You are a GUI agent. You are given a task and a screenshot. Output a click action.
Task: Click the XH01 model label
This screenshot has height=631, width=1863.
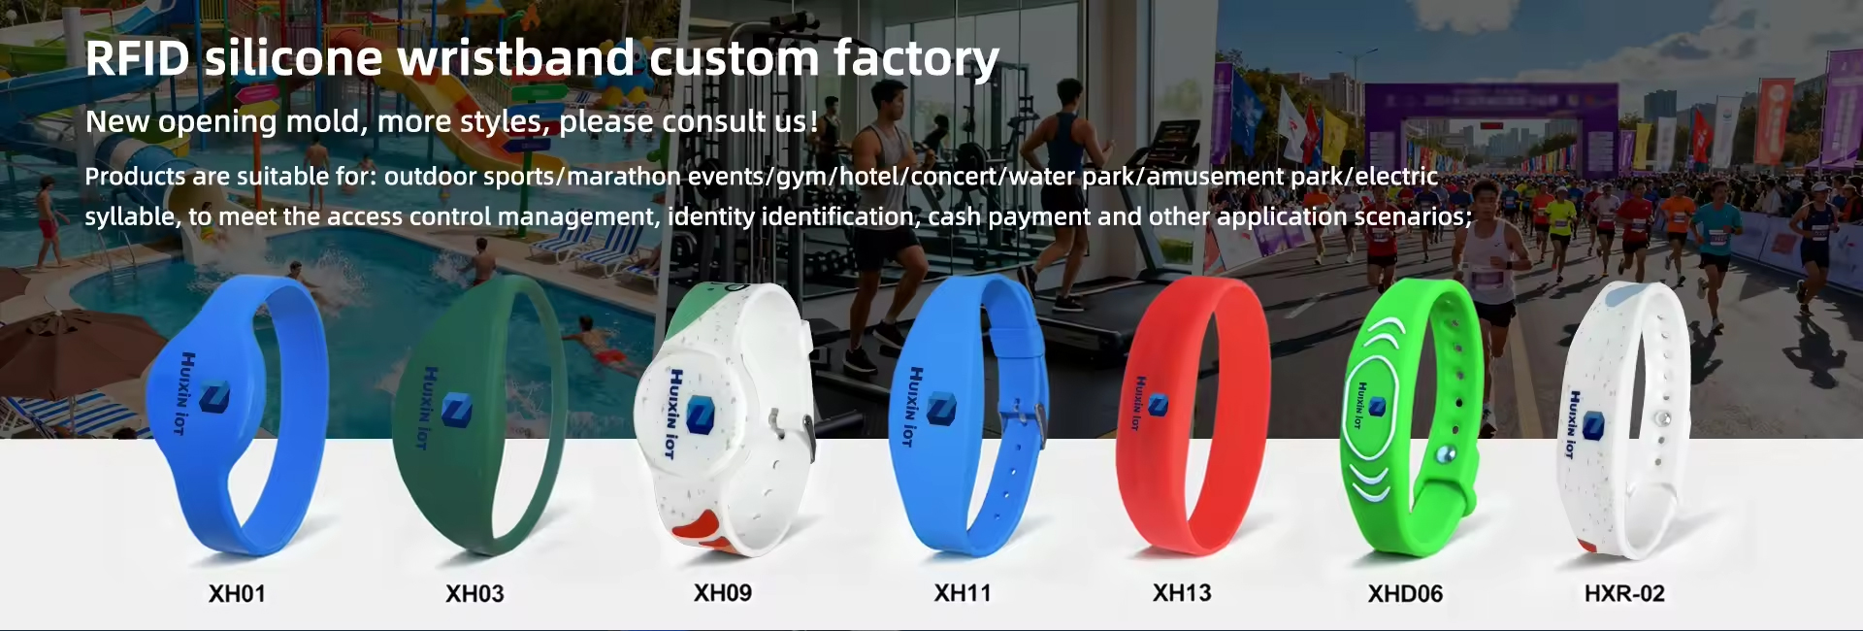[x=237, y=593]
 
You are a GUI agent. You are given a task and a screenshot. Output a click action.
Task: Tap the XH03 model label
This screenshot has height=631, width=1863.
[x=474, y=593]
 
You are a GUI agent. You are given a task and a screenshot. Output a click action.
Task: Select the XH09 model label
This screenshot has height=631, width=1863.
[x=723, y=592]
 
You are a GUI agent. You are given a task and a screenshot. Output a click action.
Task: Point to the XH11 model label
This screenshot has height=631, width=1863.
[x=963, y=592]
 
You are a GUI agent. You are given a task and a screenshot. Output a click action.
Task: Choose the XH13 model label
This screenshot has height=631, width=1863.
[x=1182, y=592]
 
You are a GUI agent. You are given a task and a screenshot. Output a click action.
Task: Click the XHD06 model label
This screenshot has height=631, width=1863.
[x=1405, y=593]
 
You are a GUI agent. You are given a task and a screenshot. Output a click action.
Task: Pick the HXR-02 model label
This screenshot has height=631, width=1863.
[x=1624, y=593]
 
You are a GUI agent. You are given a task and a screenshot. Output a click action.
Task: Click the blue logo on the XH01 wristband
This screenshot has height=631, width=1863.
[x=213, y=398]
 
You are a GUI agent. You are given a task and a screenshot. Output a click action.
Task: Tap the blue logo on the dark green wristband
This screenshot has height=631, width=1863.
[x=452, y=410]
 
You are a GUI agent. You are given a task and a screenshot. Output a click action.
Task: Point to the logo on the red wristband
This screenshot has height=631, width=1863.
[x=1157, y=404]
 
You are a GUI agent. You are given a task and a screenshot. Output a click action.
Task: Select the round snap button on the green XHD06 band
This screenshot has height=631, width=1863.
[x=1447, y=454]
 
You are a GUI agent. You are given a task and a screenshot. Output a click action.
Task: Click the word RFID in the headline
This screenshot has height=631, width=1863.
[x=138, y=58]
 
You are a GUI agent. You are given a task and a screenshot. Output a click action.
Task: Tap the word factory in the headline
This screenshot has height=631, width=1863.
[x=915, y=60]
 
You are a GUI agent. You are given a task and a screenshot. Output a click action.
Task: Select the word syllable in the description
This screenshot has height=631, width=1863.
[x=131, y=216]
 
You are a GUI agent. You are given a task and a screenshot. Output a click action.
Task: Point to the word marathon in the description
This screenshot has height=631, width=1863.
[x=624, y=177]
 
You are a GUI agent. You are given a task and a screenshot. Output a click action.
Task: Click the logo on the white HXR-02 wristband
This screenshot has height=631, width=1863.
[x=1592, y=425]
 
